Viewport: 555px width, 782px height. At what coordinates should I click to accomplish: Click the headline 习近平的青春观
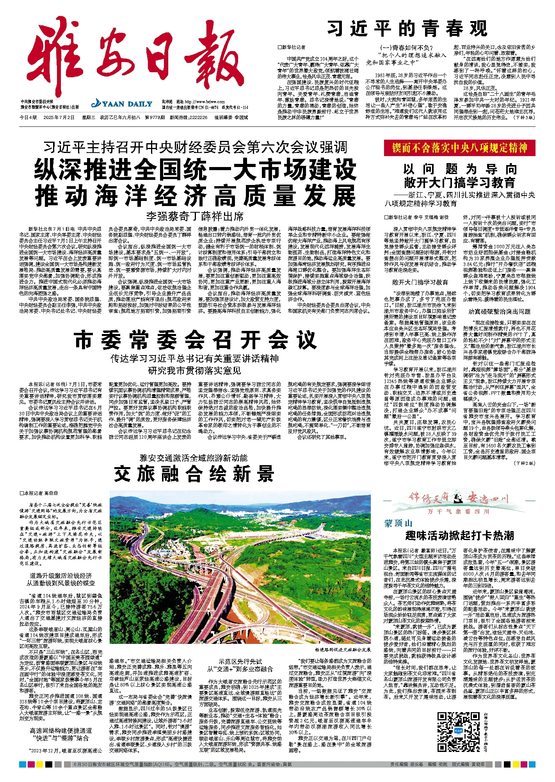click(407, 28)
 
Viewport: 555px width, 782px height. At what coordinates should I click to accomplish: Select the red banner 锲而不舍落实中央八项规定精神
click(459, 148)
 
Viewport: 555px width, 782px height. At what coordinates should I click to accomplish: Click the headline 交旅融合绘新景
click(194, 475)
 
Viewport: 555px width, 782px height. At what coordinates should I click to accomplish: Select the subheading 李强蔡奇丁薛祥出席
click(195, 216)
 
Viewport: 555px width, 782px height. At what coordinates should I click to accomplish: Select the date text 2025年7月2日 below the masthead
click(59, 117)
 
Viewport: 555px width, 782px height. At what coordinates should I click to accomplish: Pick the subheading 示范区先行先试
click(240, 662)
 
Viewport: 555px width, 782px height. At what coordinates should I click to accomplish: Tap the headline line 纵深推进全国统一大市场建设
click(195, 169)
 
